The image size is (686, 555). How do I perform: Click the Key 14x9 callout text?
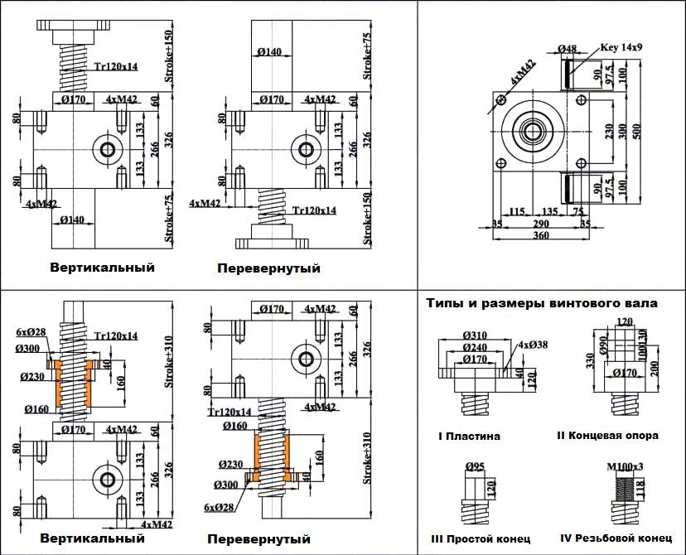coord(621,47)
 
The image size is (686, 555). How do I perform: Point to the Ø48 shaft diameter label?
coord(567,48)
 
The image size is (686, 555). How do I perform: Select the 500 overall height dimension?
coord(637,136)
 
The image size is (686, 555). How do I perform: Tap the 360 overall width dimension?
coord(540,236)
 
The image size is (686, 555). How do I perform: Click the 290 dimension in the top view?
coord(540,224)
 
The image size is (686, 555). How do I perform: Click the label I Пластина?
coord(469,436)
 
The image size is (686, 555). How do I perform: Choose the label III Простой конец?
coord(481,539)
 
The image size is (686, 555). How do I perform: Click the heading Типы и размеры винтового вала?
coord(542,304)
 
